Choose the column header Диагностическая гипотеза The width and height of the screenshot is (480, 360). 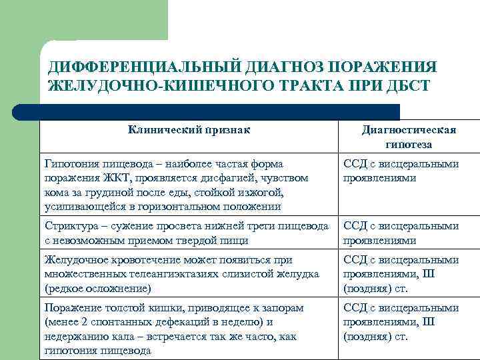409,137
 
